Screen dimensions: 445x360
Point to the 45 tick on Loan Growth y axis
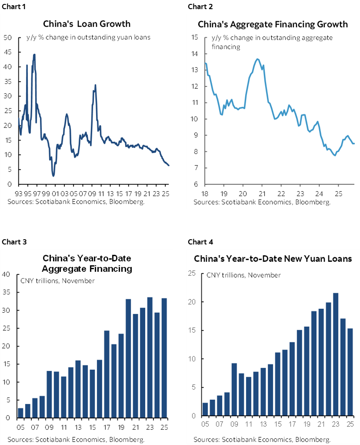pos(8,52)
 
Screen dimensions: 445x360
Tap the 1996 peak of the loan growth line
pos(34,55)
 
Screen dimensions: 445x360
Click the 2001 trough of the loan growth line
pos(53,175)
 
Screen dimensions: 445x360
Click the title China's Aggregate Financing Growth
pos(273,24)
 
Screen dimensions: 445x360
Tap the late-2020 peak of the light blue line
pos(257,59)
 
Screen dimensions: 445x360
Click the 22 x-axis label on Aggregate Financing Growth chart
pos(281,193)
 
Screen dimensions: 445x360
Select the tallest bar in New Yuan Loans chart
pos(336,354)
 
